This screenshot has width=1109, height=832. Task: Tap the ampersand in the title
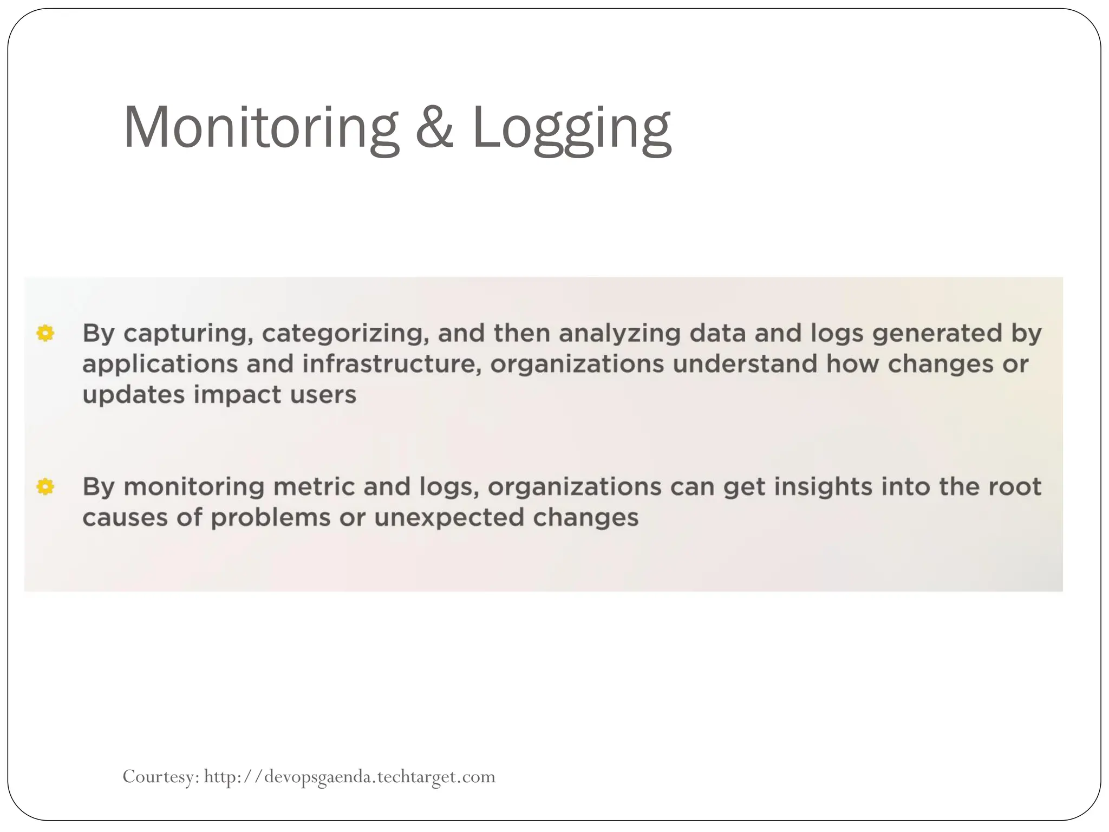[x=434, y=127]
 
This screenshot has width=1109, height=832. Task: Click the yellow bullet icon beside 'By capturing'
[x=45, y=333]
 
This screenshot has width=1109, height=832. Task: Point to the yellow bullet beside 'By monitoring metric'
[x=45, y=487]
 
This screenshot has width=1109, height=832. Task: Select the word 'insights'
[x=823, y=487]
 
